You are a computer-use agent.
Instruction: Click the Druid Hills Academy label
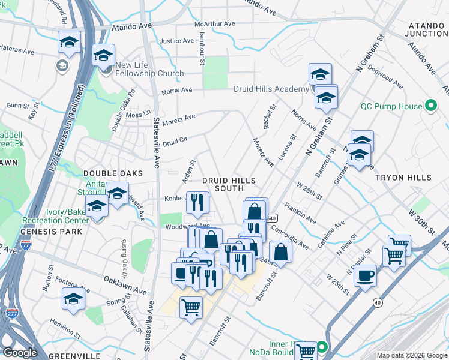pyautogui.click(x=271, y=89)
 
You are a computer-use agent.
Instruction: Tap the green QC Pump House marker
pyautogui.click(x=430, y=106)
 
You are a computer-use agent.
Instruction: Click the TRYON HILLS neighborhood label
pyautogui.click(x=403, y=178)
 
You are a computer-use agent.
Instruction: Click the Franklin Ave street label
pyautogui.click(x=300, y=212)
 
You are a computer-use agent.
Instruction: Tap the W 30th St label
pyautogui.click(x=422, y=221)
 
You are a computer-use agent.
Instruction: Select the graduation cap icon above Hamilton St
pyautogui.click(x=73, y=298)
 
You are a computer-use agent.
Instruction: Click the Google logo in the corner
pyautogui.click(x=20, y=353)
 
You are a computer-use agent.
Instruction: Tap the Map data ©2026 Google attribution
pyautogui.click(x=411, y=355)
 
